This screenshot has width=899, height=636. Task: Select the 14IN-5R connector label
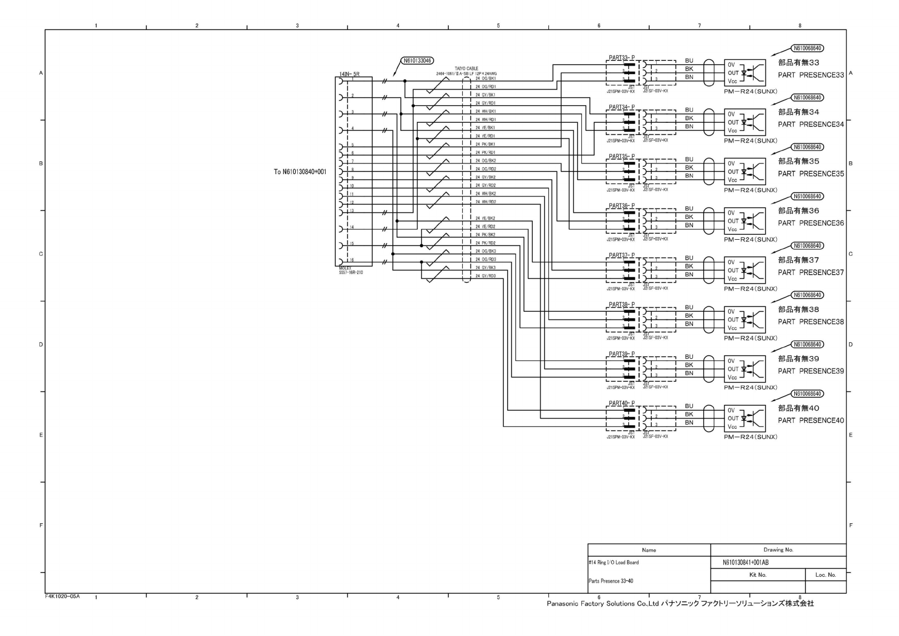(x=349, y=74)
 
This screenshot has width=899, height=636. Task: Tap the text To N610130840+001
(x=300, y=172)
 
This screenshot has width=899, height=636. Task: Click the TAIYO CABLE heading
(x=466, y=68)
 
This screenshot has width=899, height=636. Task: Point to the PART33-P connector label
(x=621, y=58)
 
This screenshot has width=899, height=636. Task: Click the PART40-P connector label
(x=621, y=403)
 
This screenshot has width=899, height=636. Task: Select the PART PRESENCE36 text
(x=811, y=223)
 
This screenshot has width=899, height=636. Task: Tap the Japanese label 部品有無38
(x=798, y=309)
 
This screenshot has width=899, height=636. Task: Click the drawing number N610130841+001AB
(x=746, y=562)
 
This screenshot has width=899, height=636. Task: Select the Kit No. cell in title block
(x=758, y=575)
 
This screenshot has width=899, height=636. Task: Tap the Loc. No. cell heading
(x=825, y=575)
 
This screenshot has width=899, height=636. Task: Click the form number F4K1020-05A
(x=62, y=596)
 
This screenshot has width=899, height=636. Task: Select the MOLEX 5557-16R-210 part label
(x=351, y=270)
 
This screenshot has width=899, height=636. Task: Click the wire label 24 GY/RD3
(x=485, y=276)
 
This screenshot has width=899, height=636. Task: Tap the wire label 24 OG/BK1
(x=485, y=78)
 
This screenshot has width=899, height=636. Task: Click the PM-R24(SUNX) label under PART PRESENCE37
(x=750, y=289)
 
